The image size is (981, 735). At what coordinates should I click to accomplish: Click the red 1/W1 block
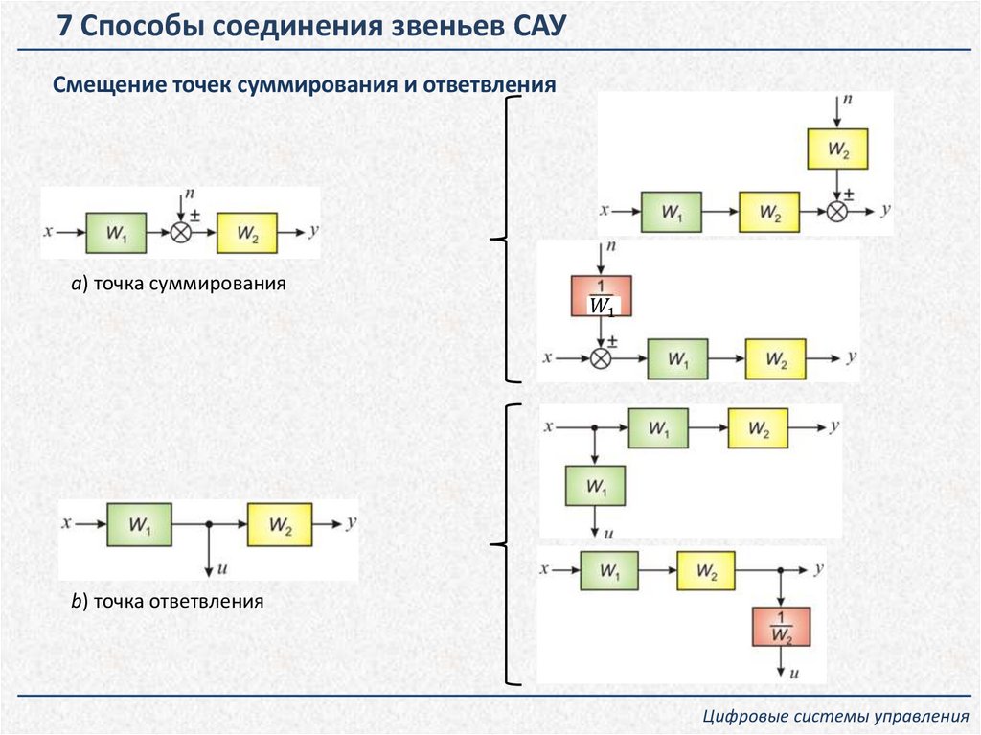[601, 295]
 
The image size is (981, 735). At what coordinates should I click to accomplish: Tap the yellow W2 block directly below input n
[837, 149]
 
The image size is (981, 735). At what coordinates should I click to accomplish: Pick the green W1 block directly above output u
[595, 486]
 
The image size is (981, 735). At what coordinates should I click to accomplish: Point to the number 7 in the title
[64, 26]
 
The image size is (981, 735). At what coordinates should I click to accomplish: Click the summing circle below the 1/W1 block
[600, 358]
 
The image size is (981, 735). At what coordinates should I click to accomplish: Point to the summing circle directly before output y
[837, 212]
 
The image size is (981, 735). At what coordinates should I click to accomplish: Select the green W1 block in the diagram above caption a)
[117, 233]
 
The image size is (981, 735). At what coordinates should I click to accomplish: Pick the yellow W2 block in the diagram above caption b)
[280, 524]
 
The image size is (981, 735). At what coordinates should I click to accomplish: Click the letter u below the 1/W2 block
[794, 673]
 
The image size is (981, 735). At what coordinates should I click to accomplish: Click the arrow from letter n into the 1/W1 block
[601, 261]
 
